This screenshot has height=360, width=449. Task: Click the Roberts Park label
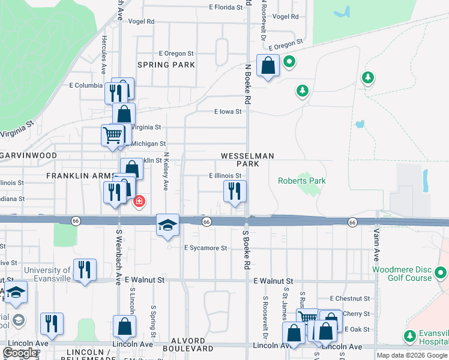point(301,181)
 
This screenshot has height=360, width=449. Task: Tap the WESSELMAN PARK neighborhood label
point(247,160)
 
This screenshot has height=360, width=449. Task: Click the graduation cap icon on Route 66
point(168,226)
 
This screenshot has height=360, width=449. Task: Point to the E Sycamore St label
point(206,248)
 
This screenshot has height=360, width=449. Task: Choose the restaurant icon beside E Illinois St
point(235,191)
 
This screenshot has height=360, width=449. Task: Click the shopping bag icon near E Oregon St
point(268,65)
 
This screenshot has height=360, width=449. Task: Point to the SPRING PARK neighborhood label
point(166,65)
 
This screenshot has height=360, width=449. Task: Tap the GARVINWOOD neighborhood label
point(28,155)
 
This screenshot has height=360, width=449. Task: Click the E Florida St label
point(226,8)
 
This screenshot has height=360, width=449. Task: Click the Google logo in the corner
point(20,353)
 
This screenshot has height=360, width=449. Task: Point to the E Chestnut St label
point(351,298)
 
